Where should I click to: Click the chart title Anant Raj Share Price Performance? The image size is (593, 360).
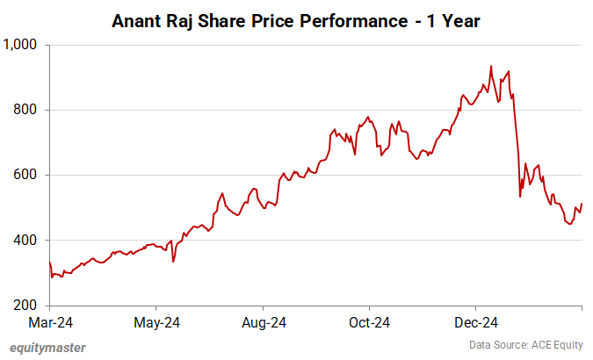(x=296, y=20)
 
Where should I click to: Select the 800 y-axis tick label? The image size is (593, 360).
(x=29, y=110)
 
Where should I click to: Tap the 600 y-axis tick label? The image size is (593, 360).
(x=29, y=175)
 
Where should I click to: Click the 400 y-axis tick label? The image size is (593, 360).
(x=29, y=240)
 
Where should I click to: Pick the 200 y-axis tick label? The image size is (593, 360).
(x=29, y=306)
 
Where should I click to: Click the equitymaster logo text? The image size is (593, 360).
(x=47, y=348)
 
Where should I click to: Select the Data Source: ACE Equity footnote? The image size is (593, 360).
(x=525, y=345)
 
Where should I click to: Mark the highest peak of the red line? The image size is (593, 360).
(x=491, y=66)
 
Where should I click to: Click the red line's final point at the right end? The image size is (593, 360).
(x=582, y=204)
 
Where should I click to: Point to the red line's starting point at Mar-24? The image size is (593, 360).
(x=50, y=262)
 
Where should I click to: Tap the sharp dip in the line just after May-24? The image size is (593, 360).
(x=173, y=261)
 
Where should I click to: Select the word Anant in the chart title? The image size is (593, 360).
(x=139, y=20)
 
